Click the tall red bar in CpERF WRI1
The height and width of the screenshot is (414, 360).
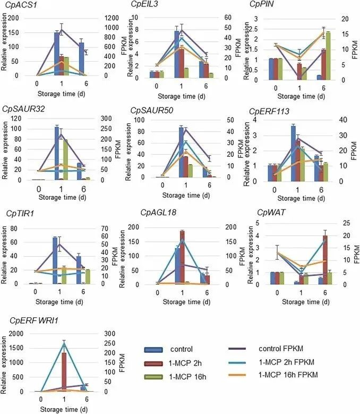[x=63, y=371]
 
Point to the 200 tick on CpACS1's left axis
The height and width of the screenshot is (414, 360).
[x=19, y=18]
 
